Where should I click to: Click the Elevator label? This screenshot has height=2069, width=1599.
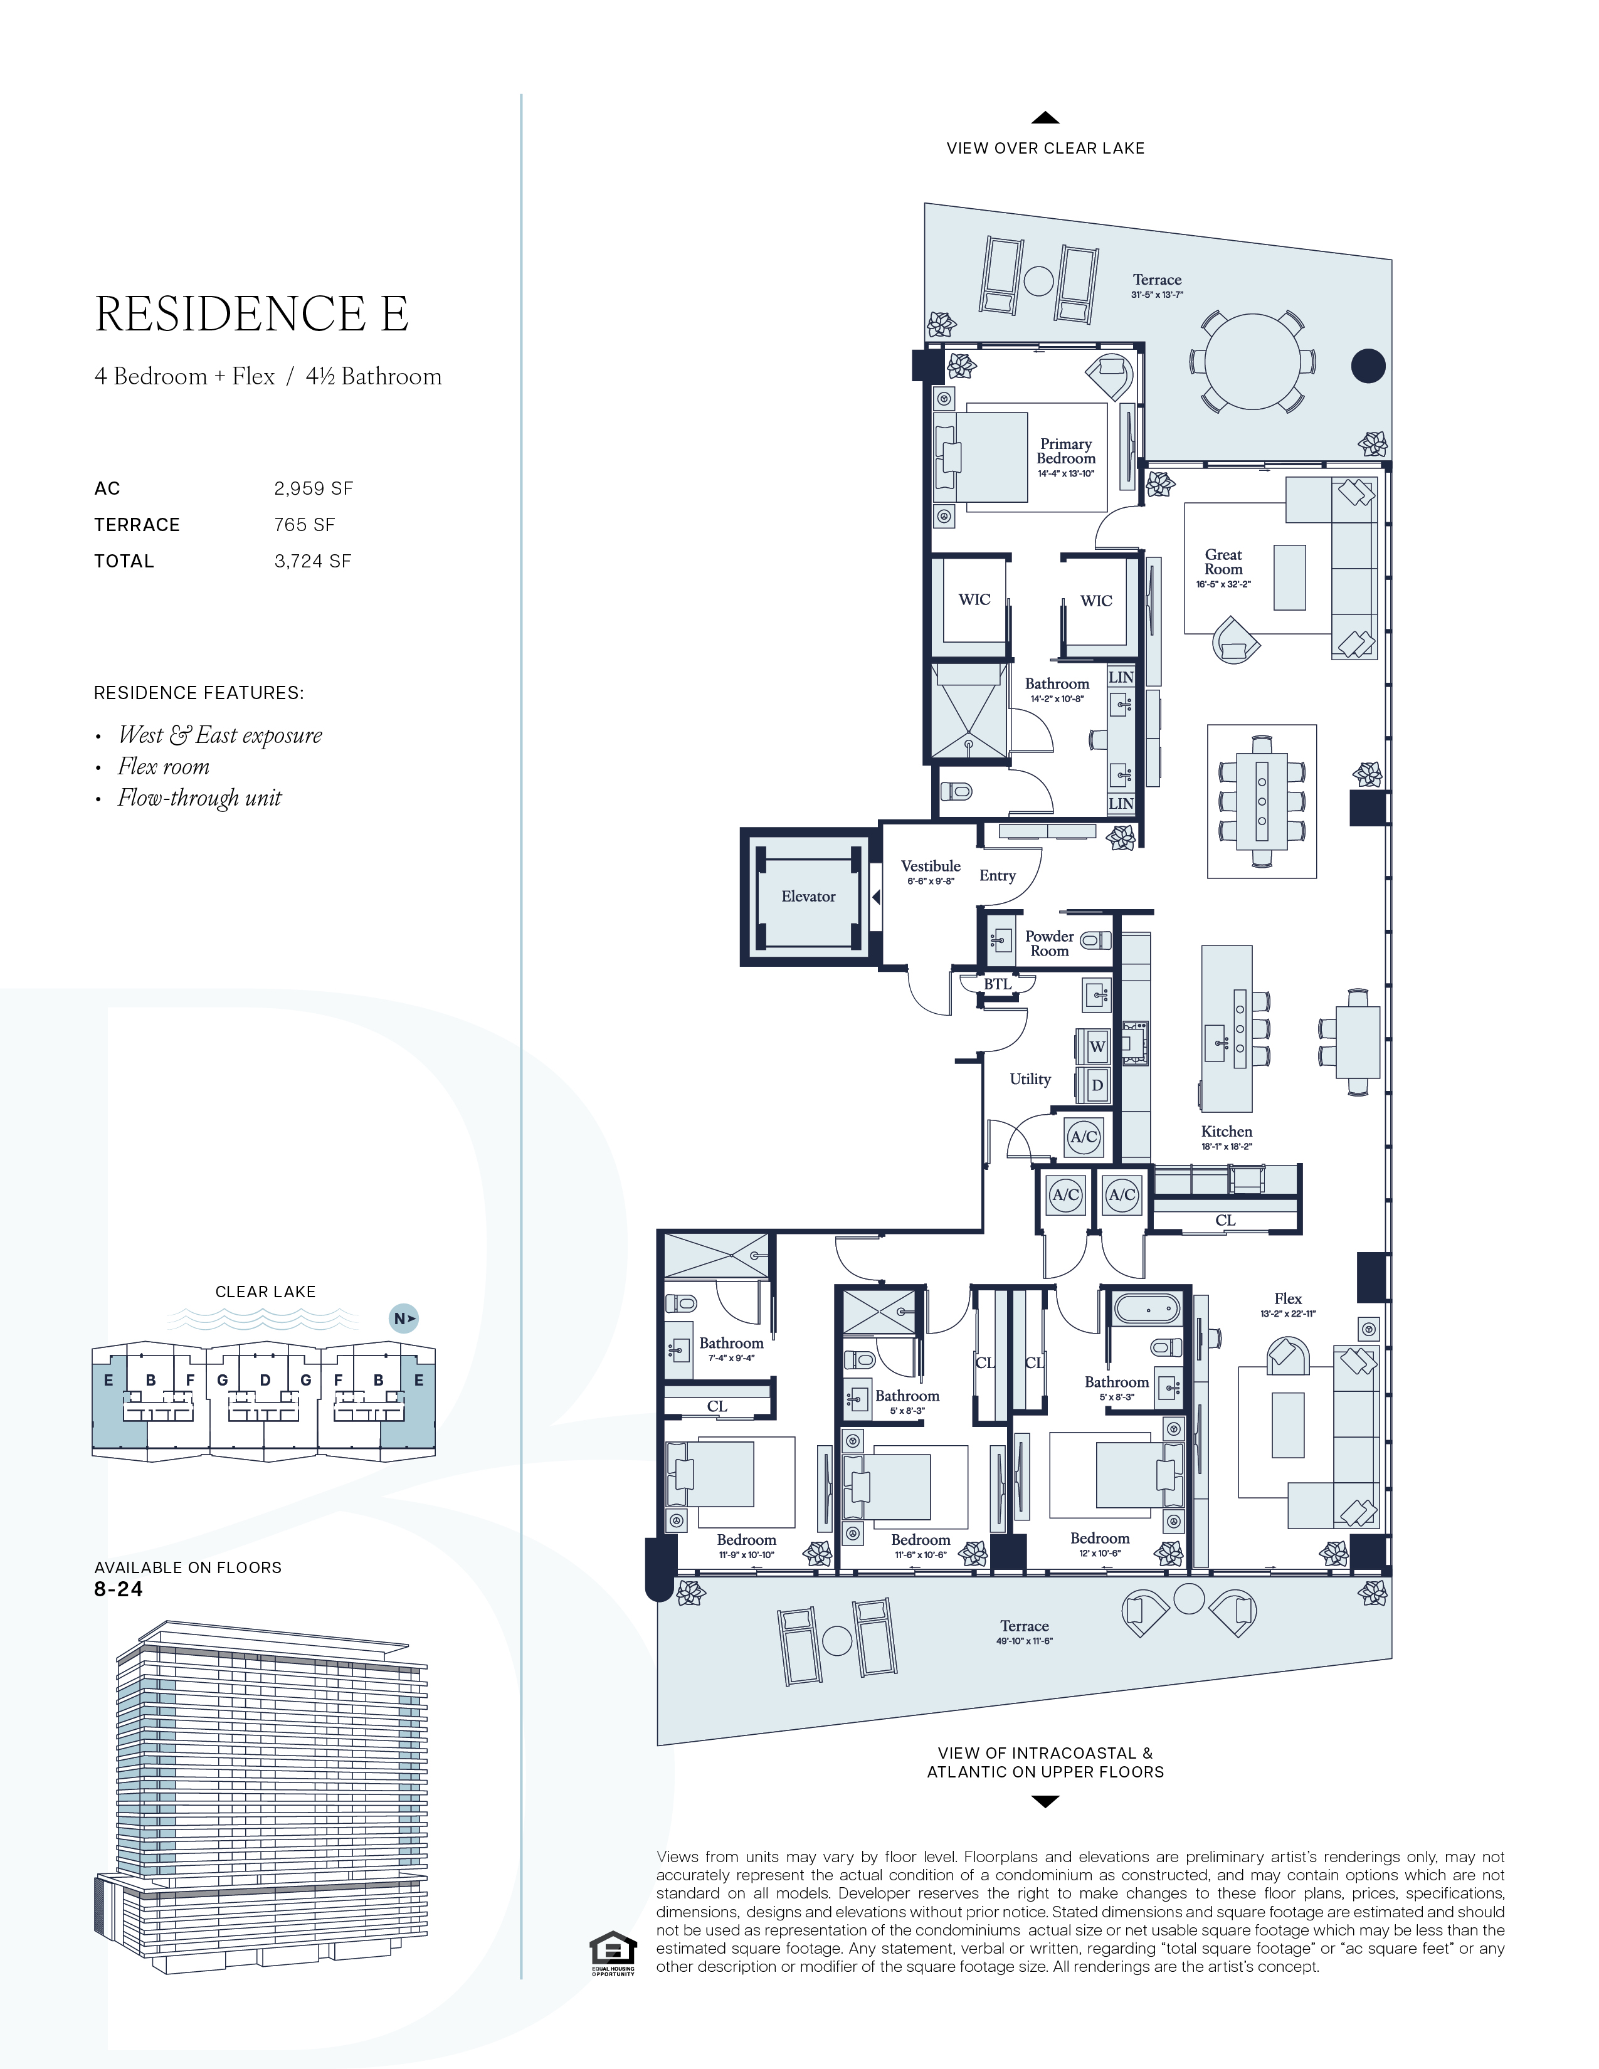pyautogui.click(x=808, y=896)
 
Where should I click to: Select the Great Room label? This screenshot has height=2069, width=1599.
pyautogui.click(x=1223, y=562)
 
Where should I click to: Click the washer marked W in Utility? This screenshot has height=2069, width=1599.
pyautogui.click(x=1097, y=1047)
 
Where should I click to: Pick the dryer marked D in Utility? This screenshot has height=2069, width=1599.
pyautogui.click(x=1097, y=1085)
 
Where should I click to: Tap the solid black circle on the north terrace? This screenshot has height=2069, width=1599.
pyautogui.click(x=1368, y=366)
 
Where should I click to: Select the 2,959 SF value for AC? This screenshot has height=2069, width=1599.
pyautogui.click(x=314, y=489)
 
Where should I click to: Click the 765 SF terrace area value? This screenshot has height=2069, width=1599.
pyautogui.click(x=304, y=525)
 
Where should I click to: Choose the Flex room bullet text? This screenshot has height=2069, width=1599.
pyautogui.click(x=164, y=766)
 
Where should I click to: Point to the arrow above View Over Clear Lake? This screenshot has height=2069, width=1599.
pyautogui.click(x=1045, y=118)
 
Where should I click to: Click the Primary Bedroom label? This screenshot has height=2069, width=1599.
pyautogui.click(x=1065, y=451)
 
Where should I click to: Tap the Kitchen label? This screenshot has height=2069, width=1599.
pyautogui.click(x=1227, y=1131)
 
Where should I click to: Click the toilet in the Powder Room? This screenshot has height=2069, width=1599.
pyautogui.click(x=1095, y=940)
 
